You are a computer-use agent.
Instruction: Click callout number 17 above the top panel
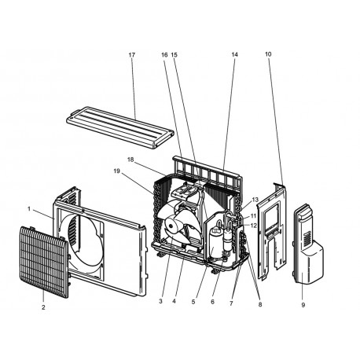pos(132,55)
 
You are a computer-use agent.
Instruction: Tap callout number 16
pos(164,55)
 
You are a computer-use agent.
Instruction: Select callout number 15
pos(174,55)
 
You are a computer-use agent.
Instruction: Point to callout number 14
pos(234,54)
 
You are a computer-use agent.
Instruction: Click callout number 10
pos(268,54)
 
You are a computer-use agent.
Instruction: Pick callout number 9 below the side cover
pos(303,305)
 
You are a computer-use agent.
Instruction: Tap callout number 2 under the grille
pos(43,307)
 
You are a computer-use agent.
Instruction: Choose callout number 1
pos(29,209)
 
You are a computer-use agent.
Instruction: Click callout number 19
pos(117,171)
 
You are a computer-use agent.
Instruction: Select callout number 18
pos(130,160)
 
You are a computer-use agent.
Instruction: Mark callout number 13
pos(255,200)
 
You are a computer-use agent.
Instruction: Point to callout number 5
pos(193,302)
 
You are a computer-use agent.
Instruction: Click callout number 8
pos(260,304)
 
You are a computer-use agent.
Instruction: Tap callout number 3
pos(160,301)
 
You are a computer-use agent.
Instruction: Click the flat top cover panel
pos(120,127)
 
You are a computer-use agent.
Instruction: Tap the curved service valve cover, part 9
pos(308,244)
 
